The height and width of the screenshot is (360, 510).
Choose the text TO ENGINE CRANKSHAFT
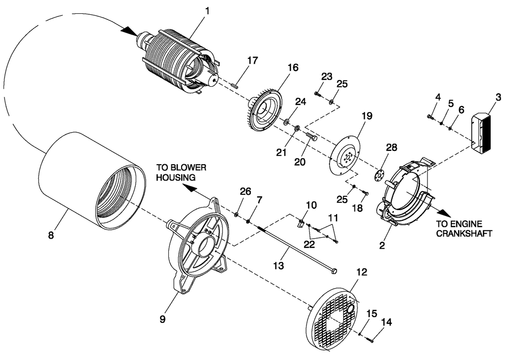[464, 228]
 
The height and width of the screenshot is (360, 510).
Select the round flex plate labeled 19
[345, 158]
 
